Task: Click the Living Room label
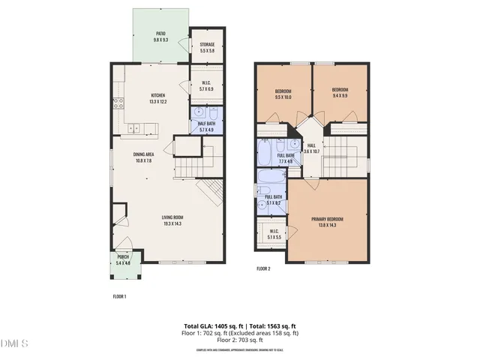(173, 220)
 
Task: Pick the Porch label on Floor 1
(122, 260)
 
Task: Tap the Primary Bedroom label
(329, 222)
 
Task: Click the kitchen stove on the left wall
(117, 103)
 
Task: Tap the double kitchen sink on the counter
(134, 128)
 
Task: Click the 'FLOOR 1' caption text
(119, 296)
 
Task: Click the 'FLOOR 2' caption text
(263, 268)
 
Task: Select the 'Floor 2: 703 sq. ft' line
(240, 340)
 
